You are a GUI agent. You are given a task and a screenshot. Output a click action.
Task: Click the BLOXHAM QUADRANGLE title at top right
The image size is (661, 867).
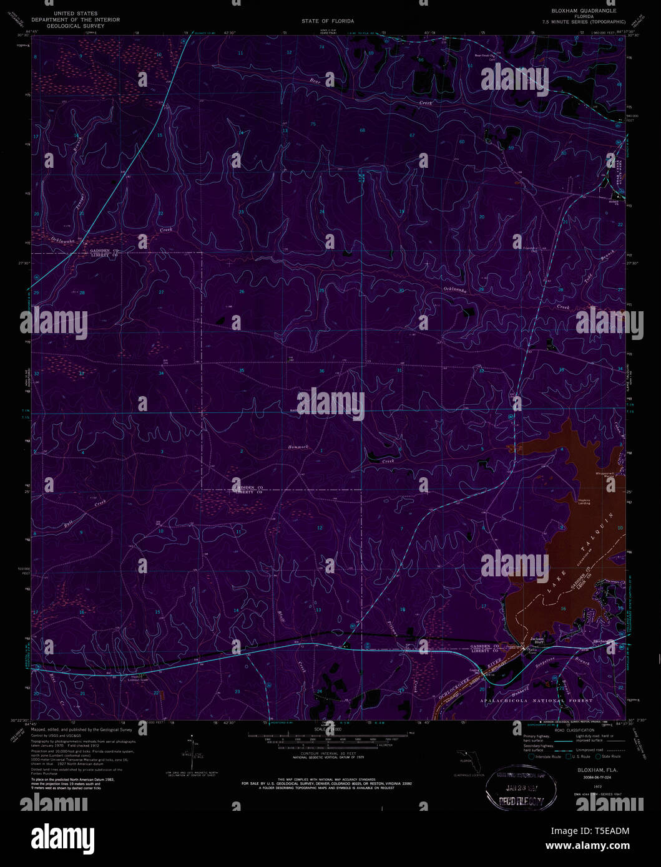583,11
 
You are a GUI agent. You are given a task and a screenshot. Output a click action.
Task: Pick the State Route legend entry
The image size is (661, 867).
609,757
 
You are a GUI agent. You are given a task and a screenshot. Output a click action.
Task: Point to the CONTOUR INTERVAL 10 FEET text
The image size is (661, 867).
323,753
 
